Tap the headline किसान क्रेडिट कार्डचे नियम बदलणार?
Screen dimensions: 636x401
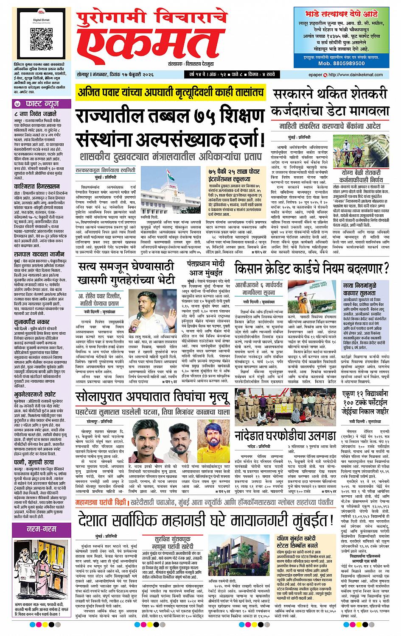point(311,269)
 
